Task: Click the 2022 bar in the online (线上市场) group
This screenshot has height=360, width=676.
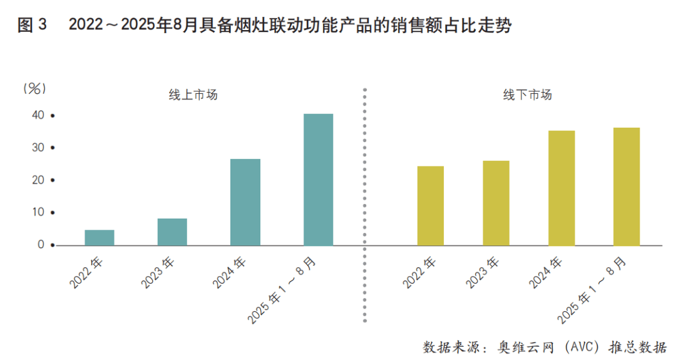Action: [x=100, y=237]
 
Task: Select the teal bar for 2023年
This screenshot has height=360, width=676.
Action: [x=172, y=232]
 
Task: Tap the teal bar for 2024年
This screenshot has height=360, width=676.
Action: [x=245, y=202]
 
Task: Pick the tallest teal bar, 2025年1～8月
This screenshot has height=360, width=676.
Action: [x=318, y=180]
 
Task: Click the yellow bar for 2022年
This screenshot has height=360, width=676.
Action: [x=431, y=205]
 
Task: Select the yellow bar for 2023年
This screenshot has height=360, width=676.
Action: [x=496, y=203]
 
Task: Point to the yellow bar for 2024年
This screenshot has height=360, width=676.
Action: [x=561, y=188]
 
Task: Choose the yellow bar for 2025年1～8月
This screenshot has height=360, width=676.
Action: [x=627, y=187]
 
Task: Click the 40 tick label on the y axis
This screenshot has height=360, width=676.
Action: [x=38, y=115]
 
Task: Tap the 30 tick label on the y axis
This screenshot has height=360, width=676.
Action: [x=38, y=148]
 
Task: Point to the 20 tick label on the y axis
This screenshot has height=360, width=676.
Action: [x=38, y=180]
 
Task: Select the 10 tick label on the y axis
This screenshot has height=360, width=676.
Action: [x=38, y=212]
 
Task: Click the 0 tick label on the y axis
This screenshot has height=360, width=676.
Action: [x=41, y=245]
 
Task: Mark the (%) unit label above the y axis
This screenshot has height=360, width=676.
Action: [x=35, y=89]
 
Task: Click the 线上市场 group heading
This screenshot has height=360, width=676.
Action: [x=193, y=95]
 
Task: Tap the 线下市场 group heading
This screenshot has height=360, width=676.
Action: [x=528, y=95]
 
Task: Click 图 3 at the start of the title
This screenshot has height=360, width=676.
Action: [x=33, y=26]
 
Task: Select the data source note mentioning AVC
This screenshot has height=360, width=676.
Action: [x=545, y=346]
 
